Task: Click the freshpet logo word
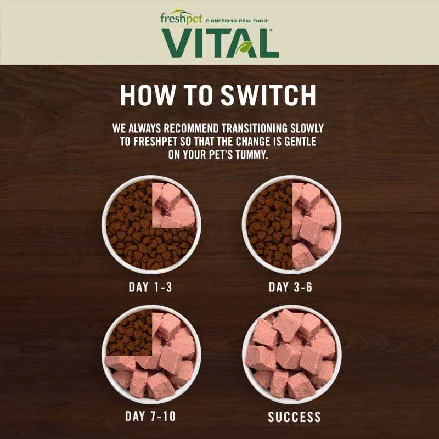coord(181,18)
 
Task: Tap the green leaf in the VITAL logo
coord(244,47)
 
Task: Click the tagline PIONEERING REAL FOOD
coord(237,21)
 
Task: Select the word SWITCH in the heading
coord(268,95)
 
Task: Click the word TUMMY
coord(252,155)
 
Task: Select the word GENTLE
coord(300,142)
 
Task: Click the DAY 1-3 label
coord(150,287)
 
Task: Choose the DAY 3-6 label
coord(290,287)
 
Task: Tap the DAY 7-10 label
coord(150,417)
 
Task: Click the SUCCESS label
coord(294,417)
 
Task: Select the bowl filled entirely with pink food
coord(292,354)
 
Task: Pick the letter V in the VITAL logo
coord(177,43)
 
